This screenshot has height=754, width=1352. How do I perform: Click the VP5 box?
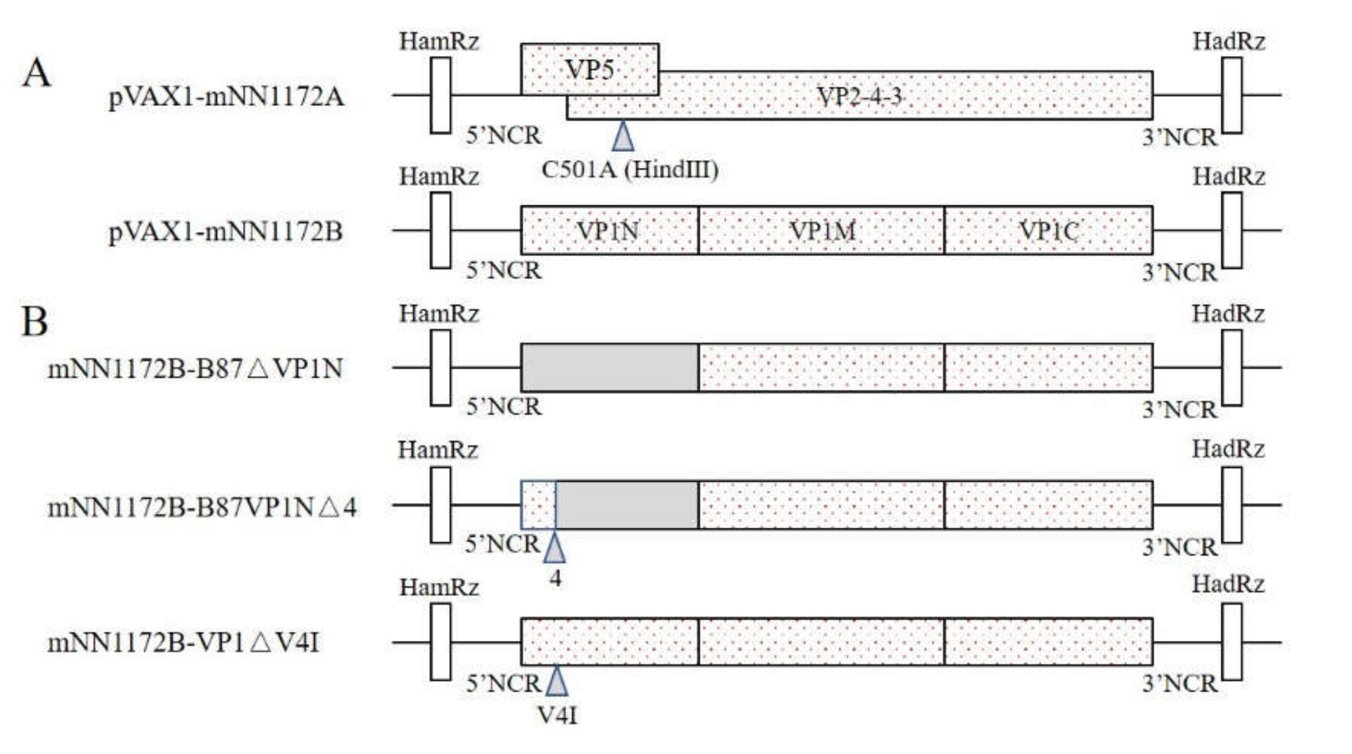(589, 69)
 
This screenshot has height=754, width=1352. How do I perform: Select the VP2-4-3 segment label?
(860, 96)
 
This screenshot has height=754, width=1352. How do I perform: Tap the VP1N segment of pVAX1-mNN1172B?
(609, 231)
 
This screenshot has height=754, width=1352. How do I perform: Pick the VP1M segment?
(821, 231)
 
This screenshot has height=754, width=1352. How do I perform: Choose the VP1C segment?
(1048, 231)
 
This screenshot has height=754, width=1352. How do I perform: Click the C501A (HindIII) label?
(629, 170)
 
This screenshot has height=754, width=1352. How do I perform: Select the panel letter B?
(35, 321)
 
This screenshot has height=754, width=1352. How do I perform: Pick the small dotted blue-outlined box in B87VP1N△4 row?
(538, 504)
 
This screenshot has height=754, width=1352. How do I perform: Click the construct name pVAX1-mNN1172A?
(226, 97)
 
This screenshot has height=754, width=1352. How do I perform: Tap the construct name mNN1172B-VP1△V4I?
(183, 643)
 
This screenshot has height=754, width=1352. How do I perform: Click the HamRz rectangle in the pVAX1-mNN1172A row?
(440, 95)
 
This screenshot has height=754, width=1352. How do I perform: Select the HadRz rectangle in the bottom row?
(1232, 642)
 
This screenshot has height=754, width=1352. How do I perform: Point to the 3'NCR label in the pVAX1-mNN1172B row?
(1179, 273)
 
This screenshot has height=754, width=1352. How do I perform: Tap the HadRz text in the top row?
(1228, 42)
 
